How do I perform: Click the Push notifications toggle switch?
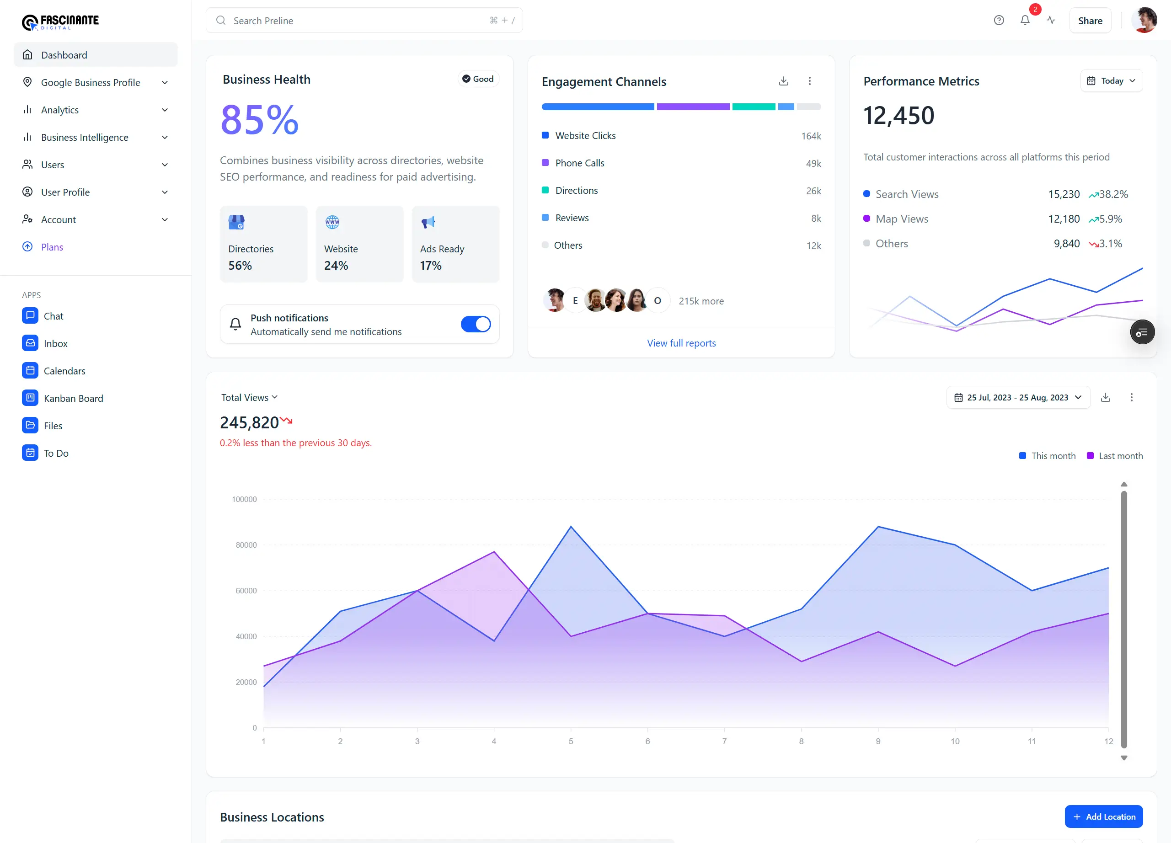click(x=475, y=324)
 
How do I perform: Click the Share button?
click(x=1090, y=21)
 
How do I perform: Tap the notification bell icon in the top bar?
click(x=1025, y=20)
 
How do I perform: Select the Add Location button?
click(x=1103, y=816)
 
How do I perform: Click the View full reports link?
click(x=681, y=343)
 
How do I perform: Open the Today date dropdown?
click(x=1111, y=81)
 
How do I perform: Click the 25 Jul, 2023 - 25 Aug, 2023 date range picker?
click(x=1018, y=397)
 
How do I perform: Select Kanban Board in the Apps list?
click(x=73, y=398)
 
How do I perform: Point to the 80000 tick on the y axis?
click(x=246, y=545)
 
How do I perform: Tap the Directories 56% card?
click(x=263, y=244)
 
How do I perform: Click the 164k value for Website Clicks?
click(x=811, y=136)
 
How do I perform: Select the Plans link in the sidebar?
click(x=52, y=247)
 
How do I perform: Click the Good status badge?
click(x=478, y=79)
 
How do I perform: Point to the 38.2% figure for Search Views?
click(x=1113, y=194)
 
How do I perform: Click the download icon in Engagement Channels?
click(x=783, y=81)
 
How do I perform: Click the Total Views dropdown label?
click(x=249, y=397)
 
